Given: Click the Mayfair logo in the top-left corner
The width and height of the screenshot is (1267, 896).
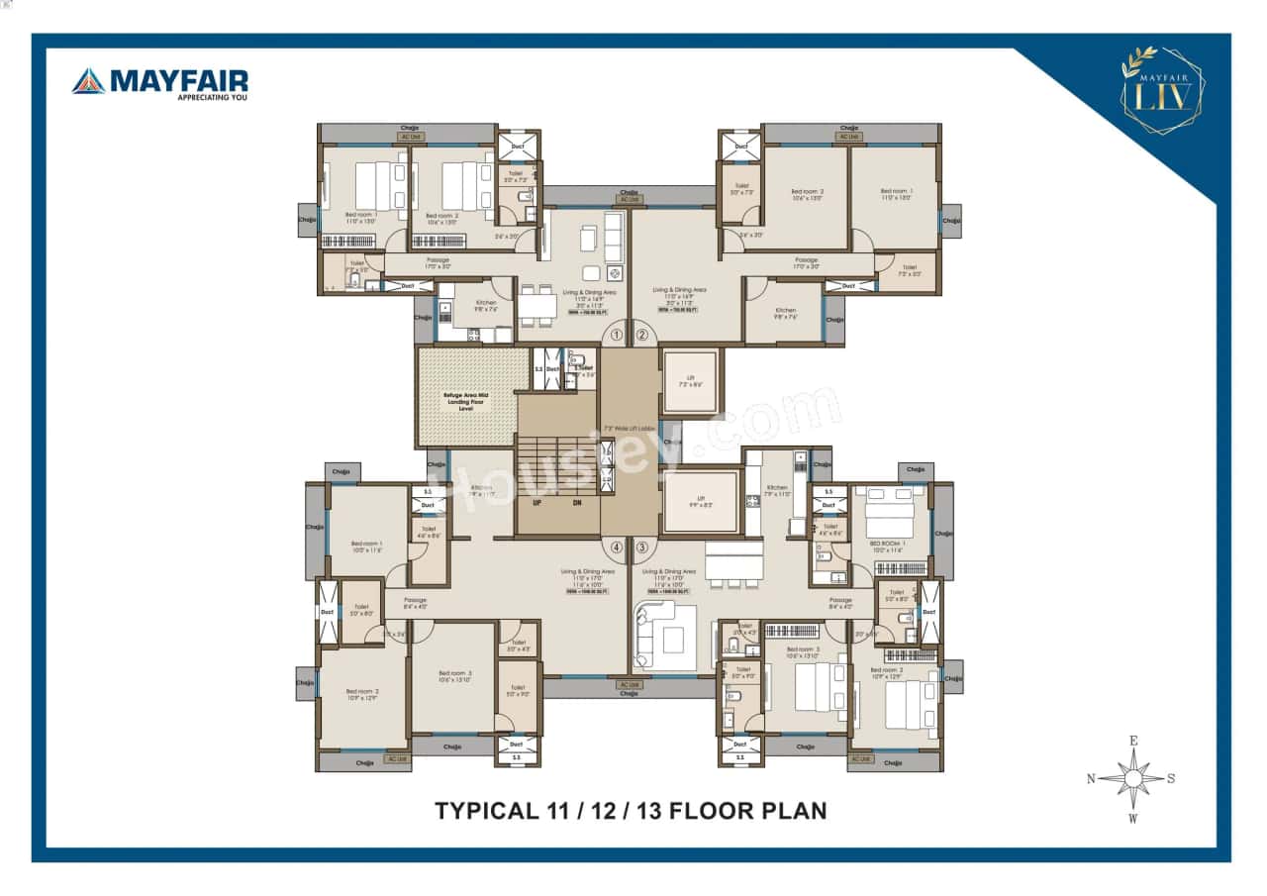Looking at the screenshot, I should [x=159, y=84].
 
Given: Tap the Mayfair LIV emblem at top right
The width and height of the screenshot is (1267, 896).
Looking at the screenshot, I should [x=1162, y=90].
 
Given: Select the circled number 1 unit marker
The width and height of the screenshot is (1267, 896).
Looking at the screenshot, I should [x=617, y=336].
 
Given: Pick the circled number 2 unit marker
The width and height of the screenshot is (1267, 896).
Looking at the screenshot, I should [x=641, y=336].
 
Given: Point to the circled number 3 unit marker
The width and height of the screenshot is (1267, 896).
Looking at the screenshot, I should [x=641, y=547].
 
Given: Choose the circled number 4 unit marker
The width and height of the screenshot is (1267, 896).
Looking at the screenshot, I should [x=617, y=547].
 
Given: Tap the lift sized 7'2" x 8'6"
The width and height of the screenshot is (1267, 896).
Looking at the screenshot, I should [x=690, y=380].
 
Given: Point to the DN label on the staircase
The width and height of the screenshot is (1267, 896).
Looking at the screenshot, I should [x=577, y=503].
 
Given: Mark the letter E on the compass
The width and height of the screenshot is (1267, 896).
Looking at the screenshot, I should [x=1133, y=742].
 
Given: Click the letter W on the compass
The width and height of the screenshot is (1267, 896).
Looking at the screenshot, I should [x=1133, y=818].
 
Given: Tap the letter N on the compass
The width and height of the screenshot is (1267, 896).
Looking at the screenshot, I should [x=1091, y=779].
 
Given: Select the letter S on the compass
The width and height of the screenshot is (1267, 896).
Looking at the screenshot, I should [x=1172, y=779].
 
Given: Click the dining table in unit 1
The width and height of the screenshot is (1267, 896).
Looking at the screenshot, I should [x=536, y=306].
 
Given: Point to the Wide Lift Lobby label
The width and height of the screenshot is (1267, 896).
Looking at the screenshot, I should [x=630, y=429].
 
